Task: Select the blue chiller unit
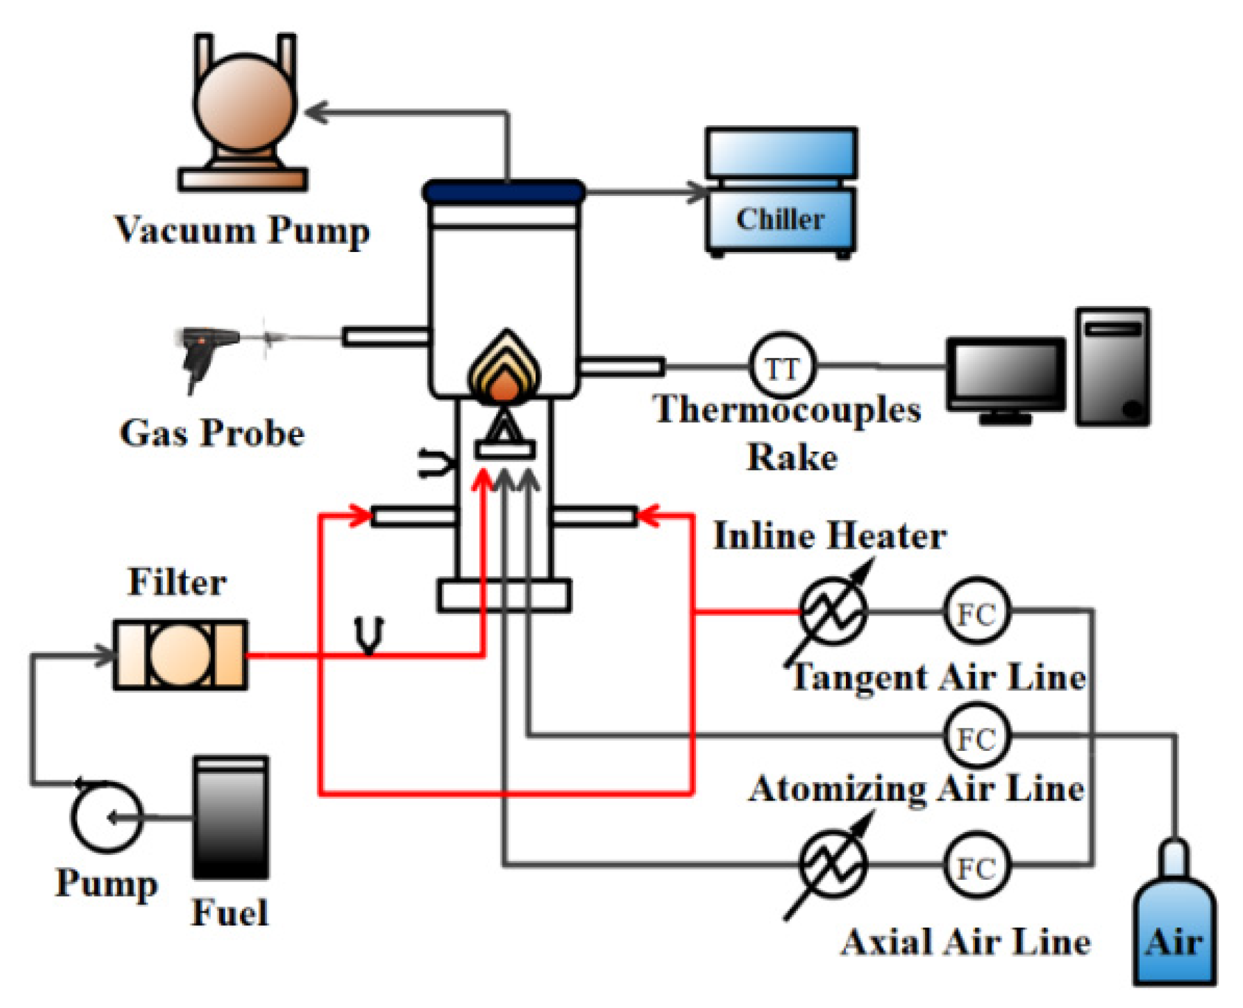[780, 191]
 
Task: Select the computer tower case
[1112, 367]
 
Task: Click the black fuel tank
[230, 818]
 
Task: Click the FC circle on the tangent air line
[977, 612]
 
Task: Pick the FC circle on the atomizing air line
[977, 736]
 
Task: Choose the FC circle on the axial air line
[977, 866]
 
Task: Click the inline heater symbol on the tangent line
[833, 612]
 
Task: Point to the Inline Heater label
[829, 535]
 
